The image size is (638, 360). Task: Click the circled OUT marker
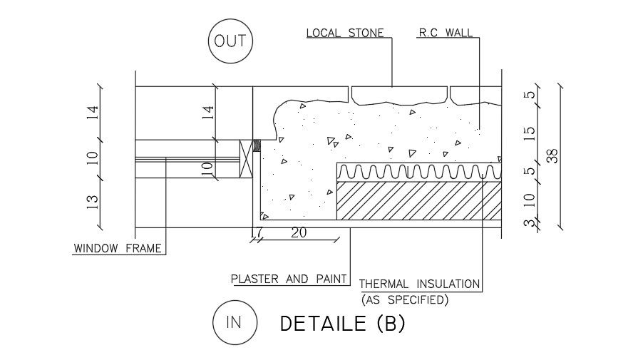click(230, 41)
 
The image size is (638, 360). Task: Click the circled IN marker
click(233, 322)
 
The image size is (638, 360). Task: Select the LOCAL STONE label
click(345, 33)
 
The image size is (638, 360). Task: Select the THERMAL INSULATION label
click(420, 284)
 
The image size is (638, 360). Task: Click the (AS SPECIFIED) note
click(405, 300)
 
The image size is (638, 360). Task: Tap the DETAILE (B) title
click(342, 324)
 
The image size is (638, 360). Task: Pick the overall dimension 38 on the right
click(551, 156)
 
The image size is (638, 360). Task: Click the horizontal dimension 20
click(299, 232)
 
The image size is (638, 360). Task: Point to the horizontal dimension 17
click(257, 232)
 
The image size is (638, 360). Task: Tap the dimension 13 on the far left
click(93, 203)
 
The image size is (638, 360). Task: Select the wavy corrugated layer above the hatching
click(418, 173)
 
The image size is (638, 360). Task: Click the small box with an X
click(247, 157)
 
